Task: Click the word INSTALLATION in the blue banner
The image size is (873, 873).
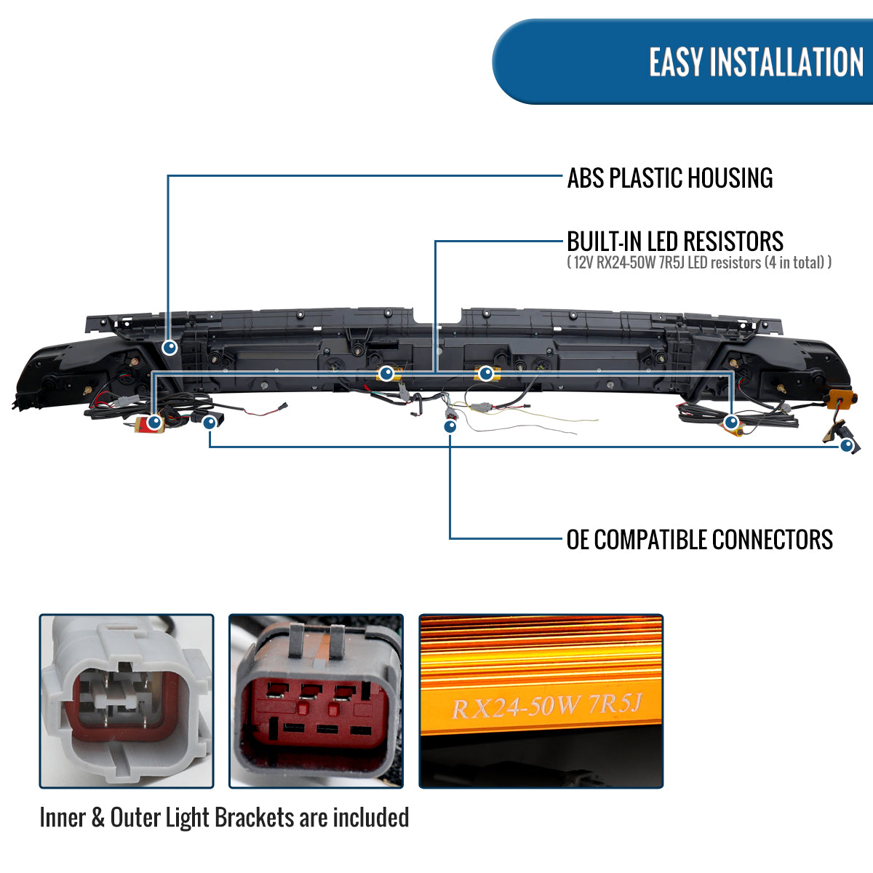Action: pyautogui.click(x=786, y=62)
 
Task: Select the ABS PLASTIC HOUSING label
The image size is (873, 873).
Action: pyautogui.click(x=670, y=178)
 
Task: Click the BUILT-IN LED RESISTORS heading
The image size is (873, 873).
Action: pyautogui.click(x=675, y=241)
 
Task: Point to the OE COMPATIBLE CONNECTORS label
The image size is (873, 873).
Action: pyautogui.click(x=699, y=539)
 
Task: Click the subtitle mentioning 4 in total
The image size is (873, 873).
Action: pyautogui.click(x=699, y=263)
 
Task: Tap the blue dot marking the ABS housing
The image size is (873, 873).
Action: pyautogui.click(x=170, y=348)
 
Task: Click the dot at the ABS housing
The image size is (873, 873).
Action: pyautogui.click(x=170, y=348)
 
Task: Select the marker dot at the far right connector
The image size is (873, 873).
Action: pyautogui.click(x=846, y=446)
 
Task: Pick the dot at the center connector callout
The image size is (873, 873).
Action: pyautogui.click(x=450, y=426)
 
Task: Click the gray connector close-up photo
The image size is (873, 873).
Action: pyautogui.click(x=127, y=701)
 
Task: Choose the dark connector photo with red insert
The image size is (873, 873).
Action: pyautogui.click(x=316, y=701)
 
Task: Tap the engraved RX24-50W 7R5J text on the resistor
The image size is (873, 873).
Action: pyautogui.click(x=547, y=706)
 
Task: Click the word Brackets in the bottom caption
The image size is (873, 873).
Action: pyautogui.click(x=255, y=818)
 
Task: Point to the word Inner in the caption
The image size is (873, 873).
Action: pyautogui.click(x=63, y=818)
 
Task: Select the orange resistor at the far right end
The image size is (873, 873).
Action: pyautogui.click(x=839, y=399)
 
